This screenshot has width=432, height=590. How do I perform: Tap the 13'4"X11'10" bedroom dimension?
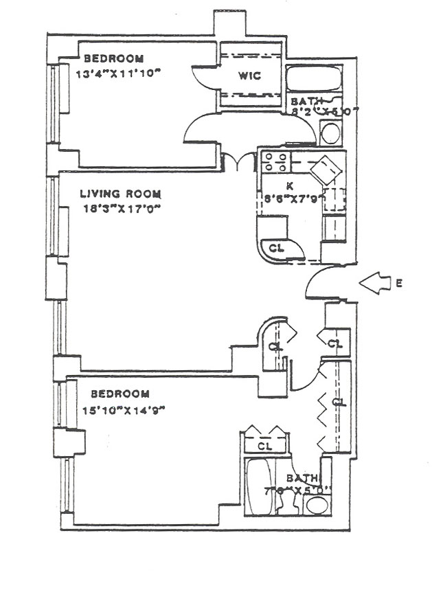click(122, 73)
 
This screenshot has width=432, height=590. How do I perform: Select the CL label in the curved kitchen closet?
click(275, 248)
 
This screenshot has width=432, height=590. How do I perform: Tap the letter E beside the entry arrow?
click(400, 282)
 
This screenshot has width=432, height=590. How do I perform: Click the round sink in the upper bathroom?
click(330, 133)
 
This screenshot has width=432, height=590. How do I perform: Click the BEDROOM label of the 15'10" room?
click(120, 394)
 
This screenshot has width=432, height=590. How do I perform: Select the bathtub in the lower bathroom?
click(260, 486)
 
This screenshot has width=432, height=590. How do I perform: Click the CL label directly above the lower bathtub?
click(265, 446)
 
